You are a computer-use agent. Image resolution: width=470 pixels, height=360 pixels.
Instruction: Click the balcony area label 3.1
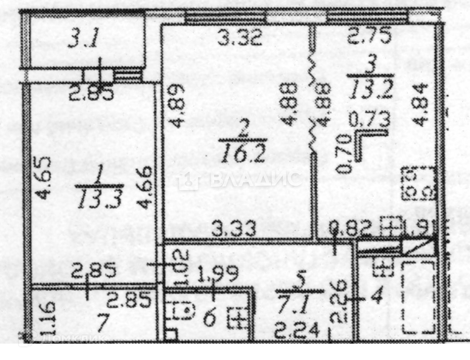84,39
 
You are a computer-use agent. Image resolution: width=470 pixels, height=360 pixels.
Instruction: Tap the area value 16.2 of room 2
243,155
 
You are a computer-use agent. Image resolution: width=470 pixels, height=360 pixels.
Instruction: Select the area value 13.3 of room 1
100,199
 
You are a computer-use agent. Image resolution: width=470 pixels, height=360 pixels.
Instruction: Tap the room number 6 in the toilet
209,319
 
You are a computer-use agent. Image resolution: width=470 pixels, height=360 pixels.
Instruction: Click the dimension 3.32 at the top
240,38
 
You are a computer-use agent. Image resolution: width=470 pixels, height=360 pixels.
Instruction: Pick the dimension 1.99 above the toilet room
217,274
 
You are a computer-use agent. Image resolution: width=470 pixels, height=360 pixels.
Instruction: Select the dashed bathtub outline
419,298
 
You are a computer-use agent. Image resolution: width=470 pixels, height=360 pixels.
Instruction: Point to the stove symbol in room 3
419,183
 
